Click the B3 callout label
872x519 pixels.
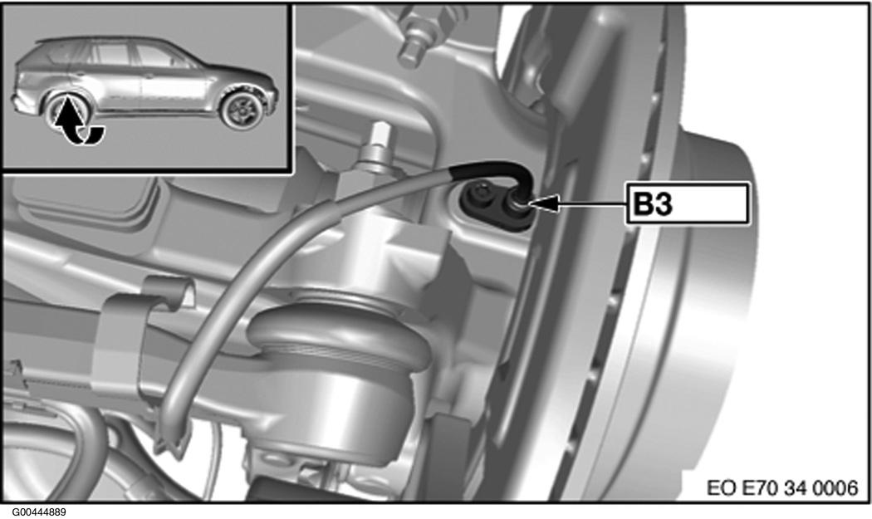point(687,204)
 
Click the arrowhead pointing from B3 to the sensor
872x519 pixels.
point(541,204)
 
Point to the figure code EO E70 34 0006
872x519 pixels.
point(782,487)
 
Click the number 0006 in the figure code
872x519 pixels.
point(835,487)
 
